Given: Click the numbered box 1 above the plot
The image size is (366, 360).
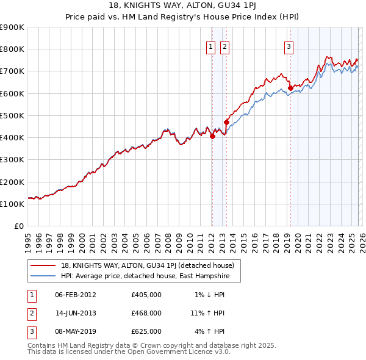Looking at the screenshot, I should [211, 46].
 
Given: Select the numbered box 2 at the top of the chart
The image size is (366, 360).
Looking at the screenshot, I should [224, 46].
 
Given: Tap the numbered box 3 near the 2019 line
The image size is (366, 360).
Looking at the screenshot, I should [288, 46].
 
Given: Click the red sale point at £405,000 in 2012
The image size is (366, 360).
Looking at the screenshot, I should [212, 137].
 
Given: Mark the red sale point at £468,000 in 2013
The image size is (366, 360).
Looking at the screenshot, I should [226, 122].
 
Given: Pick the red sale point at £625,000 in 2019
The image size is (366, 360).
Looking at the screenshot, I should [290, 88].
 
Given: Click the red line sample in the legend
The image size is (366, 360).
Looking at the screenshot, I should [43, 265].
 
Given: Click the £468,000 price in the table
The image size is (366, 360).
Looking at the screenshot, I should [146, 313].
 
